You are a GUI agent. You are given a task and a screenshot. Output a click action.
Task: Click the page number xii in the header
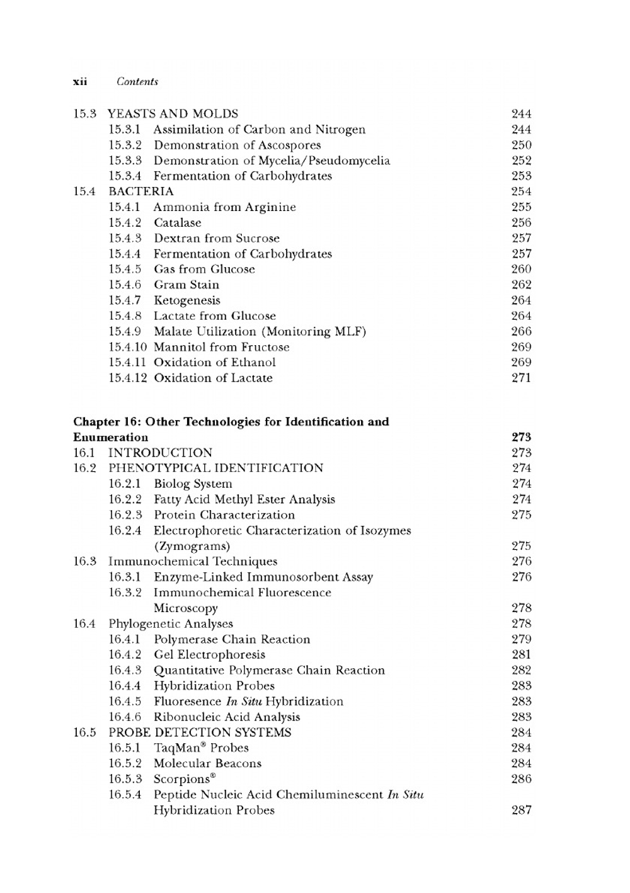pos(80,82)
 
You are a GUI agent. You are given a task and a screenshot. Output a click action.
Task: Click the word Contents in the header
pos(137,82)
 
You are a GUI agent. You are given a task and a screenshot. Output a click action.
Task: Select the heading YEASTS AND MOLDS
pos(173,114)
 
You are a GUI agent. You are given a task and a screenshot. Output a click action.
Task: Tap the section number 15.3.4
pos(125,176)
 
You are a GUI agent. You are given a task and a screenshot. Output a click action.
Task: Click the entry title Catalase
pos(178,223)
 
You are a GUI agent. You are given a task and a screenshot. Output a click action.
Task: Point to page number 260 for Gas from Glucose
pos(521,270)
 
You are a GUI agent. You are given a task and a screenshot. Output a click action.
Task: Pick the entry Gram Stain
pos(186,285)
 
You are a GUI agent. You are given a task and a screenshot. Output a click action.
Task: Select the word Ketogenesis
pos(187,300)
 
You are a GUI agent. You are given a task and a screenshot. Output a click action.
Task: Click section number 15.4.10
pos(127,347)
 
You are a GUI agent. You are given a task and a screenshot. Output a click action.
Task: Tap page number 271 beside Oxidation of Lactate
pos(521,378)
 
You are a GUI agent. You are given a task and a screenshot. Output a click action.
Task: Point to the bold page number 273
pos(521,437)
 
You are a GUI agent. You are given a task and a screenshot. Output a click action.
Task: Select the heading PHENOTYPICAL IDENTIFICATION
pos(215,468)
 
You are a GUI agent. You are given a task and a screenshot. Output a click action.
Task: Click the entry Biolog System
pos(193,484)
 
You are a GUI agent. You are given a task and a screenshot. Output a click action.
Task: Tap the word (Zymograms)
pos(192,546)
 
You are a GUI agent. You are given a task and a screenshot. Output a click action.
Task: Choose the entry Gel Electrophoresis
pos(209,655)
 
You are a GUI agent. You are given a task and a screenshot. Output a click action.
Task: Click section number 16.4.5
pos(125,702)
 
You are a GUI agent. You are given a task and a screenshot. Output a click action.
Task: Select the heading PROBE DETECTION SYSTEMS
pos(200,732)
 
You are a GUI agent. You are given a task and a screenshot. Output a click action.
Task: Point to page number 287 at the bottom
pos(521,811)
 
